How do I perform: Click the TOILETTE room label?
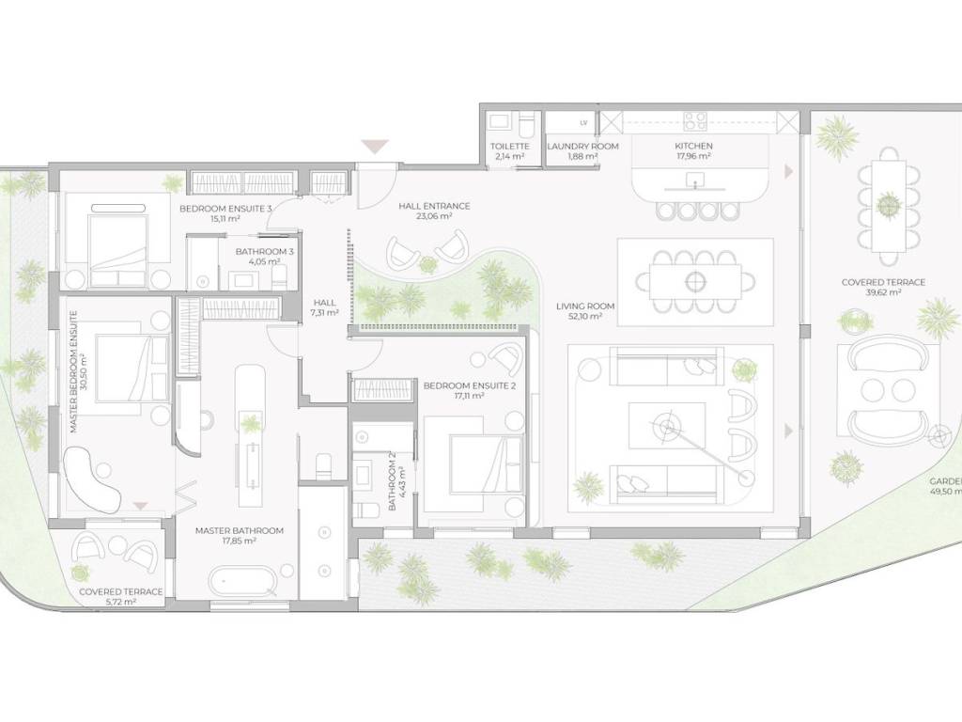tap(509, 146)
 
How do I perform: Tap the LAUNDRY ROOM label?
tap(582, 146)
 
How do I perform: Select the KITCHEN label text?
tap(693, 146)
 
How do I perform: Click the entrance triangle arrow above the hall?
tap(374, 147)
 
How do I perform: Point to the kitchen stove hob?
tap(695, 121)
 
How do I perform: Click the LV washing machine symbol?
tap(583, 123)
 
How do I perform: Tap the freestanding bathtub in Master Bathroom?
tap(243, 580)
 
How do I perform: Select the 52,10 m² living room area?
tap(584, 316)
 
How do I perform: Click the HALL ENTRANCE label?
tap(434, 206)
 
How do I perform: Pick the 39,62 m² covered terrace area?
tap(883, 293)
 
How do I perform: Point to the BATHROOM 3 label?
tap(264, 252)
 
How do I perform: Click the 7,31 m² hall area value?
tap(324, 312)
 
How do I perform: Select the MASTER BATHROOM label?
tap(240, 530)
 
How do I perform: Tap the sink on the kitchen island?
tap(694, 180)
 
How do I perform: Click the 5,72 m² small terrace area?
tap(120, 603)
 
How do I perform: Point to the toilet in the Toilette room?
tap(525, 125)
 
